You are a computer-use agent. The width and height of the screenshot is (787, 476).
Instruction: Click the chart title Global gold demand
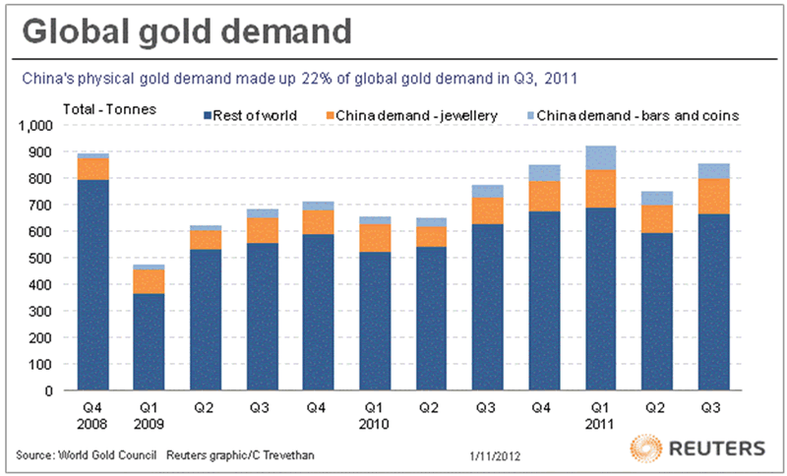click(187, 33)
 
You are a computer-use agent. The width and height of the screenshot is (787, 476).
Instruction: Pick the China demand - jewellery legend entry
click(417, 116)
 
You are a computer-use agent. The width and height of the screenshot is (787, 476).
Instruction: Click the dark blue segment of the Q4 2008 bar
click(94, 285)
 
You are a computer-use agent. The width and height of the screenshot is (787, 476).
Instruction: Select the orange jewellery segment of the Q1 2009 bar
click(149, 281)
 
